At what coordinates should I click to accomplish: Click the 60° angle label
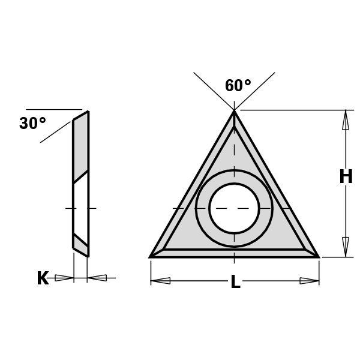[x=238, y=86]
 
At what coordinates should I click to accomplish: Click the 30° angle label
[x=32, y=124]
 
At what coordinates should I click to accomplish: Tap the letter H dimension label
[x=346, y=177]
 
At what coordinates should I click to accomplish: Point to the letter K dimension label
[x=43, y=278]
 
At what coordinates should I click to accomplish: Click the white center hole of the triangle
[x=234, y=208]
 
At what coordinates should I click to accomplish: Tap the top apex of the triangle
[x=234, y=112]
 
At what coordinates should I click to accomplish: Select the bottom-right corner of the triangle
[x=318, y=257]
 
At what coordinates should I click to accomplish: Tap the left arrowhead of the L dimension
[x=161, y=280]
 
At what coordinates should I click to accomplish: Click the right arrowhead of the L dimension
[x=308, y=280]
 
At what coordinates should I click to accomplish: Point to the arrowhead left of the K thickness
[x=63, y=278]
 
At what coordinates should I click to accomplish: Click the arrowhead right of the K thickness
[x=97, y=278]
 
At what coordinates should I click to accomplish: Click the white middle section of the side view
[x=81, y=207]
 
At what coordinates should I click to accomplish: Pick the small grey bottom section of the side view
[x=80, y=242]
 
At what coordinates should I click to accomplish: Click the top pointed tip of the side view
[x=88, y=112]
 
